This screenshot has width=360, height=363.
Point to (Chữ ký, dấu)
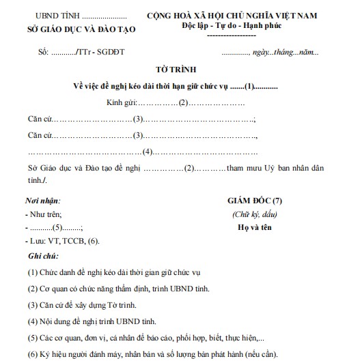253,215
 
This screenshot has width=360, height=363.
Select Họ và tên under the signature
253,228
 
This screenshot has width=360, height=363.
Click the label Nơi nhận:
42,201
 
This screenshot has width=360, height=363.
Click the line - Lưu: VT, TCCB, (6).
61,242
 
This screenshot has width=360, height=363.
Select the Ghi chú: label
40,255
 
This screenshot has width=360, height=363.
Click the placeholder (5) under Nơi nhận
58,228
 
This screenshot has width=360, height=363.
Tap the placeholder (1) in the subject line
250,87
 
